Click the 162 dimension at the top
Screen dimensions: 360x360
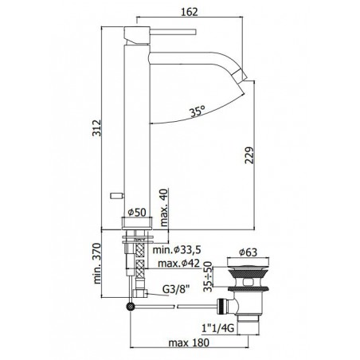[190, 12]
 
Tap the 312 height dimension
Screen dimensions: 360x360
[96, 128]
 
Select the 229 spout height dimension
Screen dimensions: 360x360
[249, 155]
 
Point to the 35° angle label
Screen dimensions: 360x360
[198, 112]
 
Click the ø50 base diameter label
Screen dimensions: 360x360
[137, 212]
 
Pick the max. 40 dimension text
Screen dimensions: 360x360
[164, 207]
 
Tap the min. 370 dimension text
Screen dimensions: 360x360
[97, 264]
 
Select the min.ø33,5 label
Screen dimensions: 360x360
[177, 249]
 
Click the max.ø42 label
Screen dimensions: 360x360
[178, 264]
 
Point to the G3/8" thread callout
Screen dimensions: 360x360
[177, 289]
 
